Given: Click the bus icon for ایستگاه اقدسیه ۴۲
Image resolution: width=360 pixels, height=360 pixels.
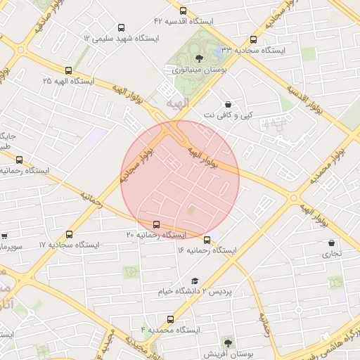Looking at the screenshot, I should [x=184, y=11].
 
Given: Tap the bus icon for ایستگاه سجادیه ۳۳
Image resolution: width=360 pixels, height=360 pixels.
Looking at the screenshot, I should [x=253, y=39].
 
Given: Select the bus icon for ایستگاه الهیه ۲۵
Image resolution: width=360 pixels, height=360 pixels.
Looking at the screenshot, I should [x=68, y=70].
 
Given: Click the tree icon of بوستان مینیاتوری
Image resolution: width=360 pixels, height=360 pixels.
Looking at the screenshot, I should [x=199, y=58].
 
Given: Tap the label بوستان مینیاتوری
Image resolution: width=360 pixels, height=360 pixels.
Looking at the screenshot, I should [x=195, y=70].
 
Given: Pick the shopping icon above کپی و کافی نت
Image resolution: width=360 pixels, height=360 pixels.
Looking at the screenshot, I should [x=229, y=103].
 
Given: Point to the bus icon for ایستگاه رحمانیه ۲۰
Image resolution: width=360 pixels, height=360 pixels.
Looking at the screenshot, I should [x=156, y=224].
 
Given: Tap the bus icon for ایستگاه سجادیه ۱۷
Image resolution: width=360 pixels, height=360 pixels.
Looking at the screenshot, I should [x=69, y=234].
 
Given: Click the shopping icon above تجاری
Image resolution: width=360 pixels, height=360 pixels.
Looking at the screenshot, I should [x=330, y=243].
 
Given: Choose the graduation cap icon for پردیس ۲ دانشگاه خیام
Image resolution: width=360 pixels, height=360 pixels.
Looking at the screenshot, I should [x=195, y=281].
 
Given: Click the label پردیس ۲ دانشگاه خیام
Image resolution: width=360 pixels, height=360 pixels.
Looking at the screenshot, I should [x=198, y=291].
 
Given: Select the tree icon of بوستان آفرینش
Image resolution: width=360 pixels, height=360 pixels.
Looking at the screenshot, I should [x=226, y=342].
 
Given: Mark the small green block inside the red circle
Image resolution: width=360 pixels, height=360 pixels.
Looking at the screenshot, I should [x=191, y=210].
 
